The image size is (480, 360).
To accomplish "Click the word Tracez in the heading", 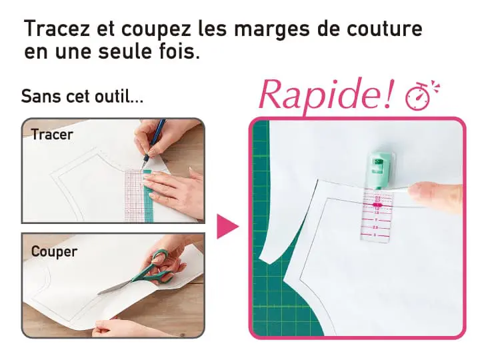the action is (57, 28).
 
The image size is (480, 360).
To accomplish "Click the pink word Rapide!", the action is (325, 94).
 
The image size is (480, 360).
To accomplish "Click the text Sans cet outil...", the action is (82, 96).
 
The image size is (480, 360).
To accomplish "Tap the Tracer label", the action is (52, 135).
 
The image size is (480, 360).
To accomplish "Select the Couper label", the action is (54, 251).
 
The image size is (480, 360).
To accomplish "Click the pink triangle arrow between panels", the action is (227, 227).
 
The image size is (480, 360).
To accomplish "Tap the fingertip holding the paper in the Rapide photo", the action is (435, 197).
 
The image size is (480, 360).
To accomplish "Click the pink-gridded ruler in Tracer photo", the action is (134, 196).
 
